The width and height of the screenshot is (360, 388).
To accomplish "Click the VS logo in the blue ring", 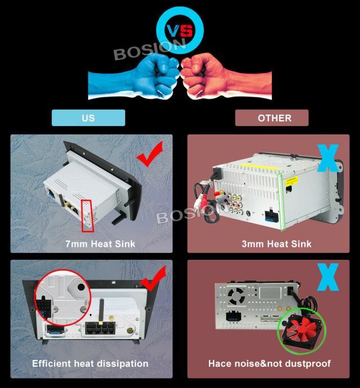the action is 180,31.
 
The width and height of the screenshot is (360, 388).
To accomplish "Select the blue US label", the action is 88,118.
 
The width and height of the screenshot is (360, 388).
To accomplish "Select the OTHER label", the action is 272,118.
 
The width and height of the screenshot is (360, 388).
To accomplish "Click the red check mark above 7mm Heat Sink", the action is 150,154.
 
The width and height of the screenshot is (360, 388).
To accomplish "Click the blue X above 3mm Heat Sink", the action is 328,159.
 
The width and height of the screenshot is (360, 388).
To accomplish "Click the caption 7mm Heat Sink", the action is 101,244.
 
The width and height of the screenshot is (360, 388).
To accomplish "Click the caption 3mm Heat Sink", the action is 276,244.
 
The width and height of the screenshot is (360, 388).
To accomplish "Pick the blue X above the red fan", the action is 328,277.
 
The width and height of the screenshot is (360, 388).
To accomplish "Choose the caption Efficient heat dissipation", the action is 90,363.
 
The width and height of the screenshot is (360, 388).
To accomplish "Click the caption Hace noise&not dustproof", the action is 270,363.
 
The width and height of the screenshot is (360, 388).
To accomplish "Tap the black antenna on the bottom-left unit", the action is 101,312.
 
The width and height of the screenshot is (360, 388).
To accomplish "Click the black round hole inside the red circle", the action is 81,287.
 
